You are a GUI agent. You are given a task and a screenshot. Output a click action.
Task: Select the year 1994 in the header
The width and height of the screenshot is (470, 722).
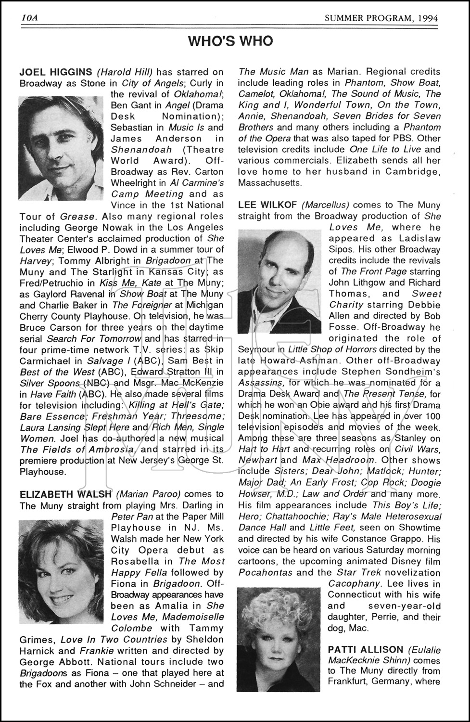pos(428,18)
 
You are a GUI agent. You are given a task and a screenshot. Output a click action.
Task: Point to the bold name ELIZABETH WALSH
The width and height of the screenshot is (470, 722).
pos(65,494)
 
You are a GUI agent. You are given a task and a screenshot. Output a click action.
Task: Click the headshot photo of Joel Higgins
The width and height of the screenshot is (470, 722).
pos(61,148)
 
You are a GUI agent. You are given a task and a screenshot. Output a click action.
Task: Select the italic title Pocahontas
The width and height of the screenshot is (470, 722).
pos(266,572)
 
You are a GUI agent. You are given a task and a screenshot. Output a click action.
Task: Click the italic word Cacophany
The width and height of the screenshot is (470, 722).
pos(351,583)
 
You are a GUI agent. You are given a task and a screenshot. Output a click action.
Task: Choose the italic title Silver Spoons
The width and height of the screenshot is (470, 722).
pos(50,383)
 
